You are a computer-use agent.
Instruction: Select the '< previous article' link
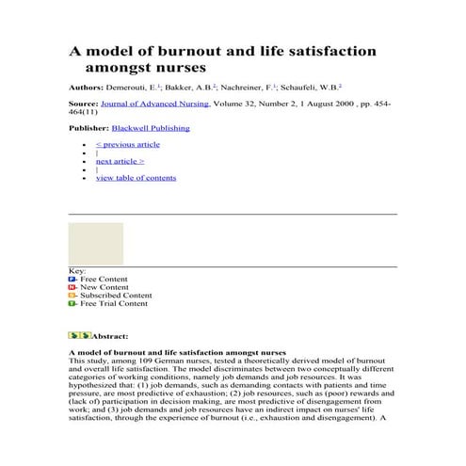coord(128,144)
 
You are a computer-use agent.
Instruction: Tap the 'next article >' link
coord(121,161)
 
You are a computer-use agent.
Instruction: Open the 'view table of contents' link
coord(136,177)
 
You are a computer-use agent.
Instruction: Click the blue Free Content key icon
coord(72,280)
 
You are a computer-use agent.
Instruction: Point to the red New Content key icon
coord(72,288)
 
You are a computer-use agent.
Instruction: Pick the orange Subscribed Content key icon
coord(72,296)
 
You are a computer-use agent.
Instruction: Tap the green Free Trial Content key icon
coord(72,304)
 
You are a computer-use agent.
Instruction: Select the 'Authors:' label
coord(86,86)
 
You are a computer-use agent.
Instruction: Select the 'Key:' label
coord(77,271)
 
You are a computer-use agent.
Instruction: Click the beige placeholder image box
coord(95,243)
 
